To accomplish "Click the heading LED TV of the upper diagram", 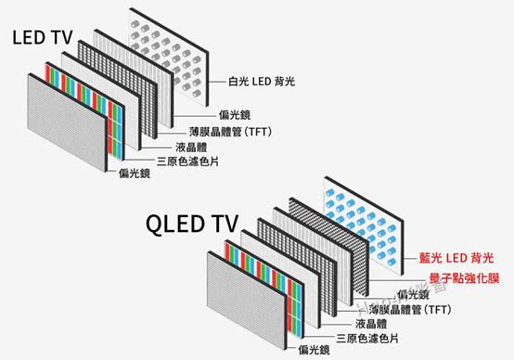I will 42,39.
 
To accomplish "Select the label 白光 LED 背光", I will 263,82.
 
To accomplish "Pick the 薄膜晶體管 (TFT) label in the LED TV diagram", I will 238,133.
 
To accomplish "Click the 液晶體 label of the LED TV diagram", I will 191,147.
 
